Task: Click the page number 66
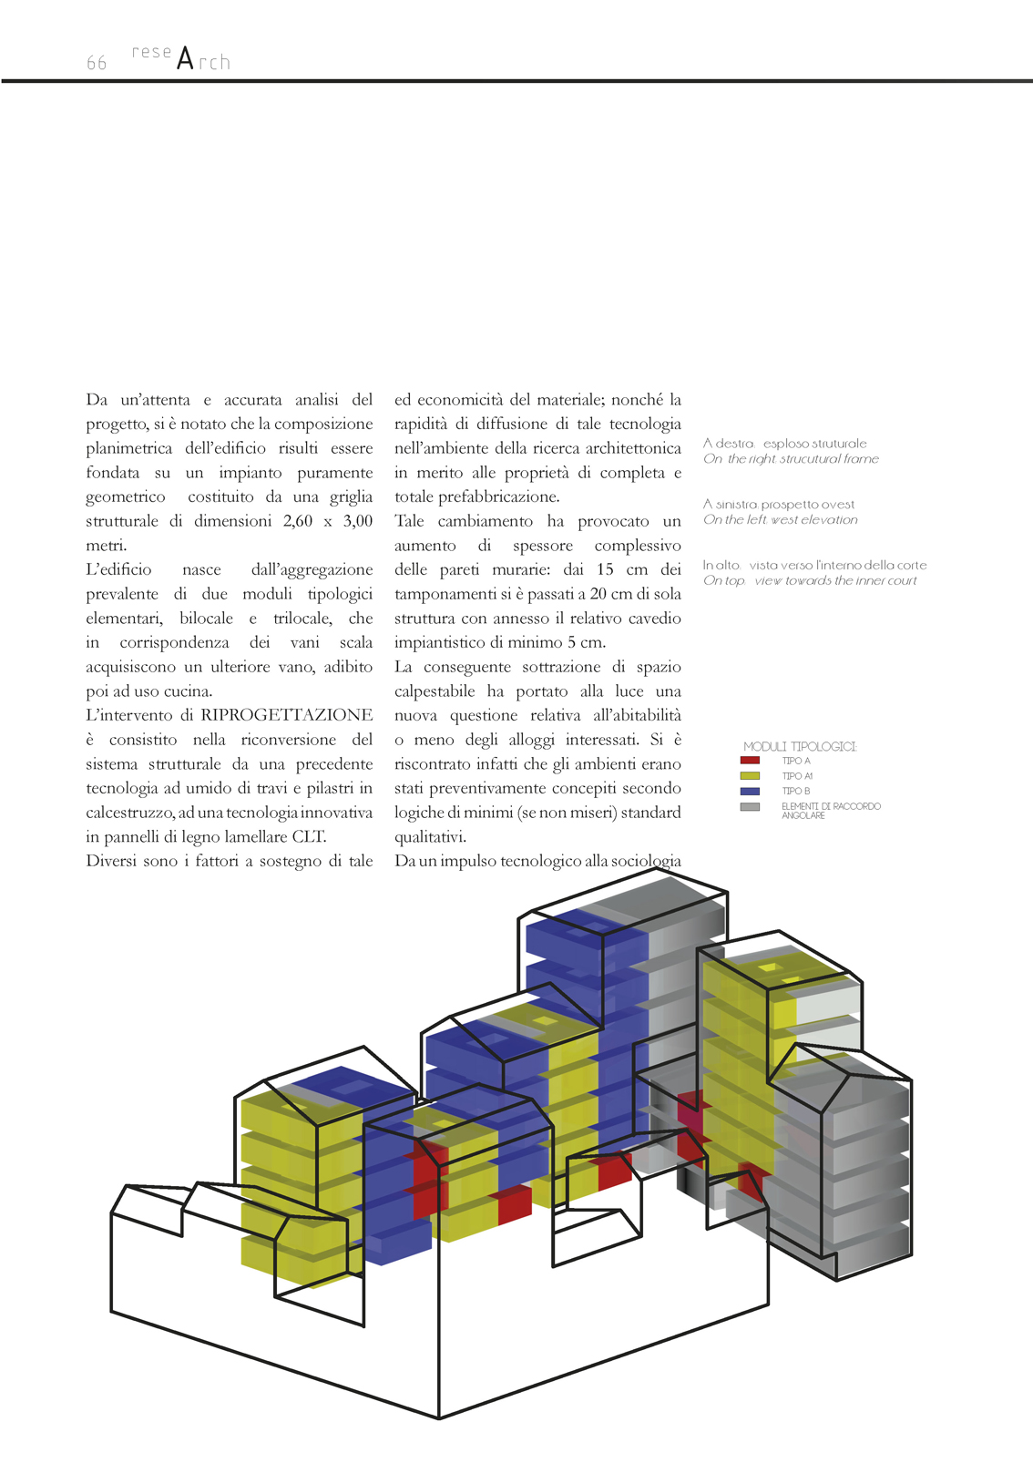97,63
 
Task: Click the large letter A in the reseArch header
186,59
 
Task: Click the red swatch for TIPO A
750,761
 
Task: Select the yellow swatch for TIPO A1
750,776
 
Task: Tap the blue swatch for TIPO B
750,791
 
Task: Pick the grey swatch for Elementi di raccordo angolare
750,807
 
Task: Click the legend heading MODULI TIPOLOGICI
800,746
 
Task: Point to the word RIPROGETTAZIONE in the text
286,715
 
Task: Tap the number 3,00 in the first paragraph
357,521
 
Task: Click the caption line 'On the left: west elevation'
781,520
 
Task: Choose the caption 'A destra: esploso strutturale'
784,444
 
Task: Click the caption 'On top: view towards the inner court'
810,581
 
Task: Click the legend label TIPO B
795,791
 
